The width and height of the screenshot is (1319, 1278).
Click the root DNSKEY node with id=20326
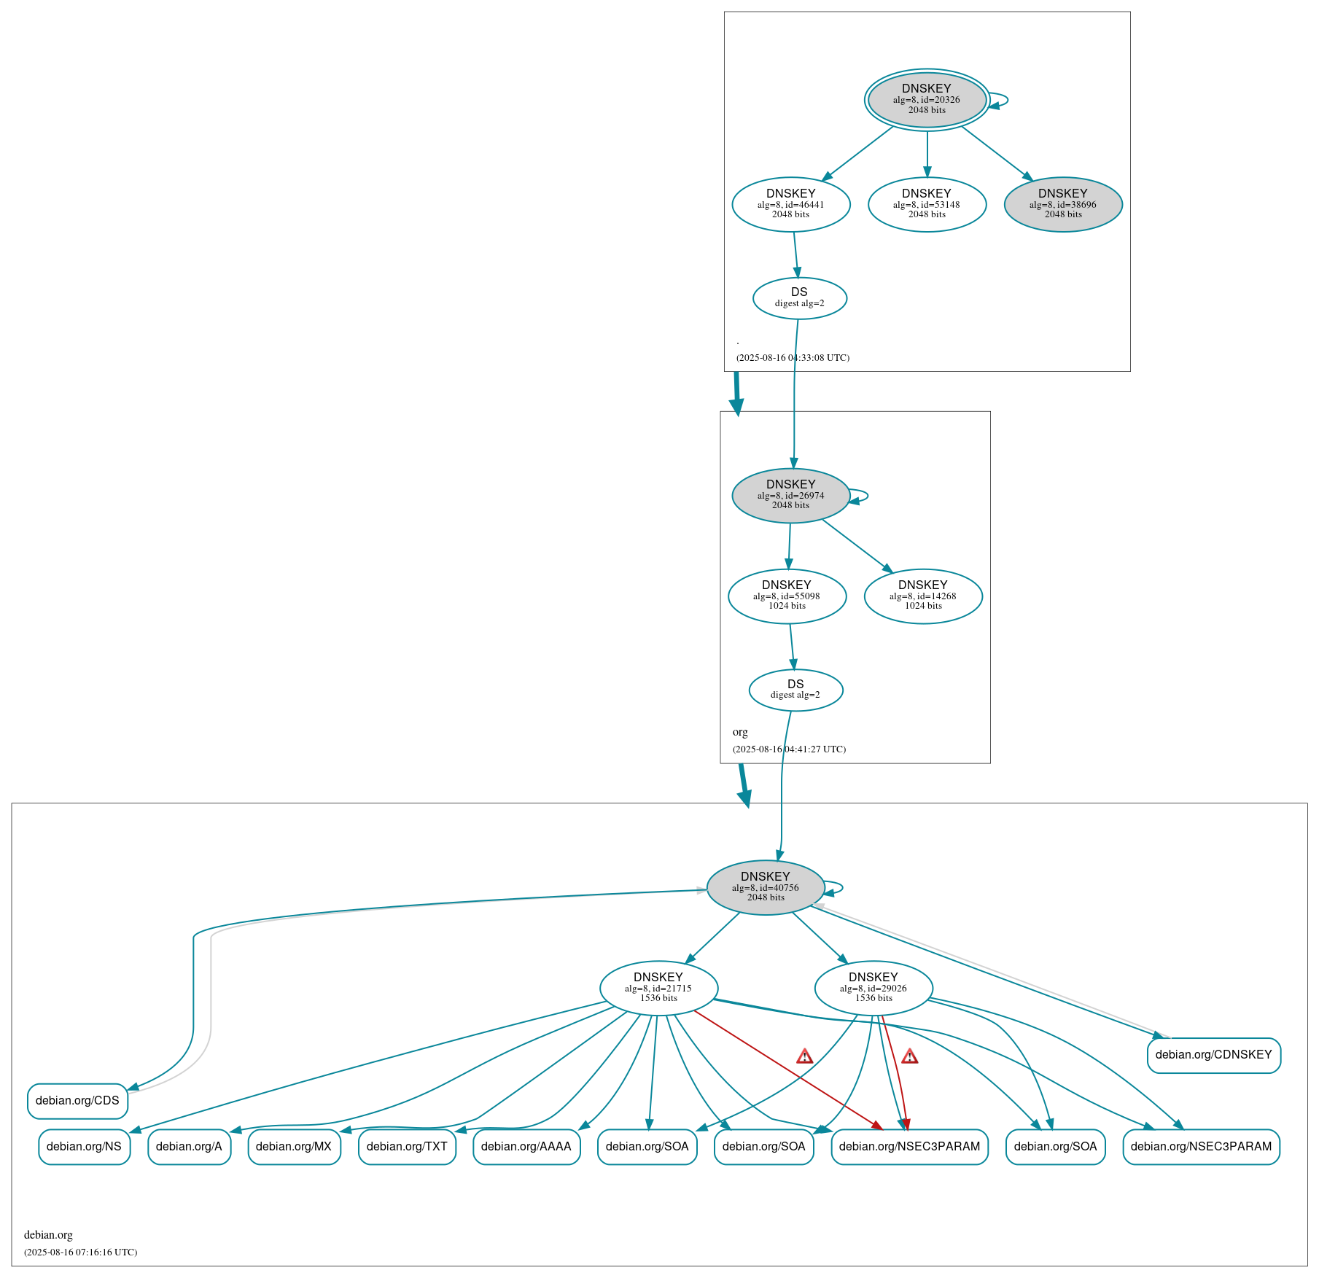(x=927, y=100)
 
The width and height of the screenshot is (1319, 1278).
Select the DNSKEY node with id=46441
(x=791, y=204)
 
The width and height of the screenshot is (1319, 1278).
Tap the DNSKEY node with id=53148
(x=927, y=204)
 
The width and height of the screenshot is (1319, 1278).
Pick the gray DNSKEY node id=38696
(x=1063, y=204)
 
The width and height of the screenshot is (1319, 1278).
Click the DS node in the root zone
(x=800, y=297)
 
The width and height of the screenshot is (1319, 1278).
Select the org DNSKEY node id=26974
(x=791, y=495)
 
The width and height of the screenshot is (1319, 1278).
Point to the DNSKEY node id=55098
(x=787, y=596)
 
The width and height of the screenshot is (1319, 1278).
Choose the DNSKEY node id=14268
(x=923, y=596)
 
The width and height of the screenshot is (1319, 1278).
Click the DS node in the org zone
(x=795, y=689)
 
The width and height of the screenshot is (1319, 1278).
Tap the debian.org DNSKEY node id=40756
(x=766, y=887)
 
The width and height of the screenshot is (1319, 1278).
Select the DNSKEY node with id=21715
(x=658, y=988)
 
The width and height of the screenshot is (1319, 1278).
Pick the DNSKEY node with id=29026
(x=874, y=988)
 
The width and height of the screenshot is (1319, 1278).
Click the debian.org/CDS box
(x=77, y=1100)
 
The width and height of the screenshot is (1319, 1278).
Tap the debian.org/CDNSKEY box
(x=1213, y=1054)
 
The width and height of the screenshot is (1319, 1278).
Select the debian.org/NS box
(x=84, y=1146)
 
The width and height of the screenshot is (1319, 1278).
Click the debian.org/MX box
(x=294, y=1146)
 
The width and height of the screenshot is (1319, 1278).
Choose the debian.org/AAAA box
(x=526, y=1146)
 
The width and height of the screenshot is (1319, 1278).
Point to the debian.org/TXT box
(x=407, y=1146)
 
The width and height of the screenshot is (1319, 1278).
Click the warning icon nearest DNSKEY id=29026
(x=909, y=1056)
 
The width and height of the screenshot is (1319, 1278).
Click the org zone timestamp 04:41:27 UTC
(x=790, y=749)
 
